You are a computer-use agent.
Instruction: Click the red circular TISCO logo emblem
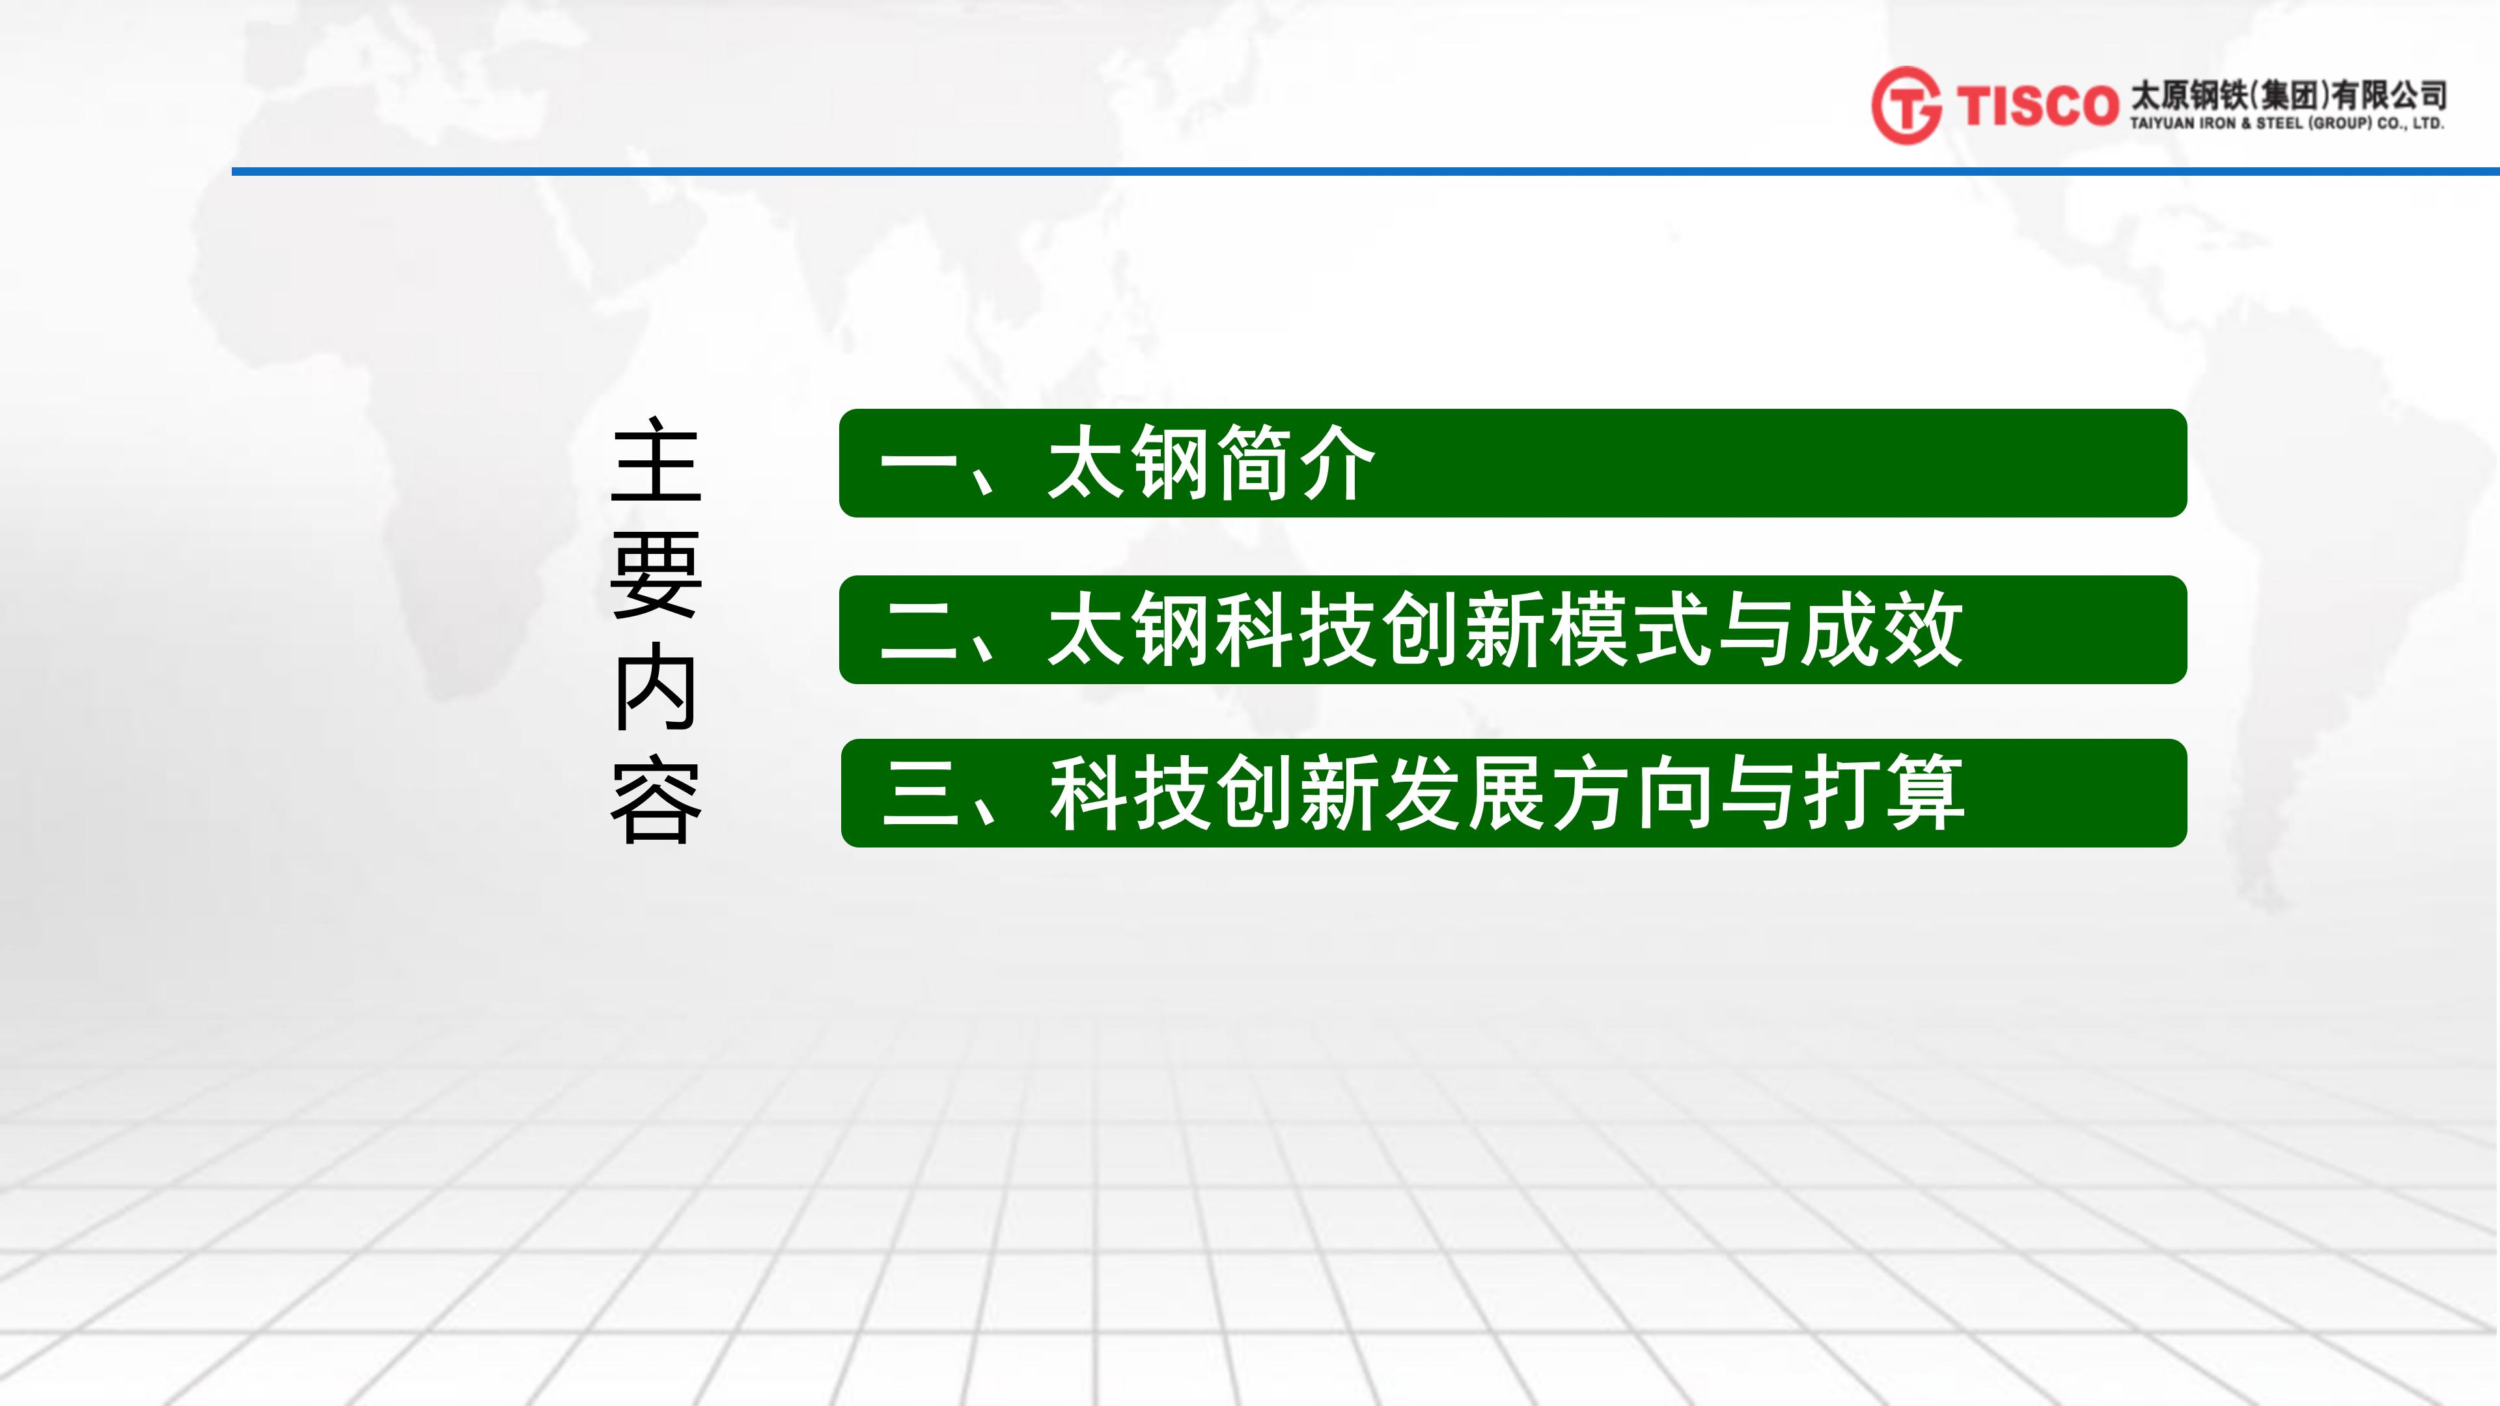[x=1906, y=105]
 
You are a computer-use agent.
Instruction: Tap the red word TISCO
[x=2037, y=105]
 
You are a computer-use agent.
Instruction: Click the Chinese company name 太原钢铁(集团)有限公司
[x=2288, y=95]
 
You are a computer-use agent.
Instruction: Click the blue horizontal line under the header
[x=1365, y=172]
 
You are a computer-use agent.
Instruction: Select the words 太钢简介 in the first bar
[x=1211, y=464]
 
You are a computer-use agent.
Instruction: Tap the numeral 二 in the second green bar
[x=918, y=631]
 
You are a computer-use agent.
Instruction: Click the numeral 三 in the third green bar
[x=920, y=793]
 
